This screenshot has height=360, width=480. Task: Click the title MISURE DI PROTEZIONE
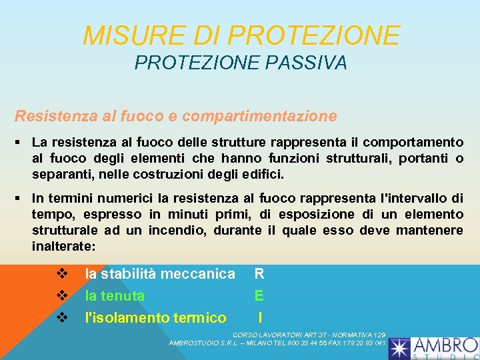coord(241,35)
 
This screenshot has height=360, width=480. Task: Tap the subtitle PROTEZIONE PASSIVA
coord(241,63)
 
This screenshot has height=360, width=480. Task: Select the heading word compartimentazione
coord(259,116)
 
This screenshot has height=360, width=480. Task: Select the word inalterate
coord(63,246)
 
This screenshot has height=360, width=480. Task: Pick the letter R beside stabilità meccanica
coord(259,273)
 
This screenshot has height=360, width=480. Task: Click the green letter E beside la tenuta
coord(259,295)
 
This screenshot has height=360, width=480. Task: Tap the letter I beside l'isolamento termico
coord(259,317)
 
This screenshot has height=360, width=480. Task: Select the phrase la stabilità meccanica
coord(160,273)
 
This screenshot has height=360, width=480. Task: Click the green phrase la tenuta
coord(115,295)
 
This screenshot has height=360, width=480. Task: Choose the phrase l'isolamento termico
coord(155,317)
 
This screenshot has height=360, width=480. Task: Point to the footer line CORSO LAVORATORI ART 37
coord(309,333)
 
